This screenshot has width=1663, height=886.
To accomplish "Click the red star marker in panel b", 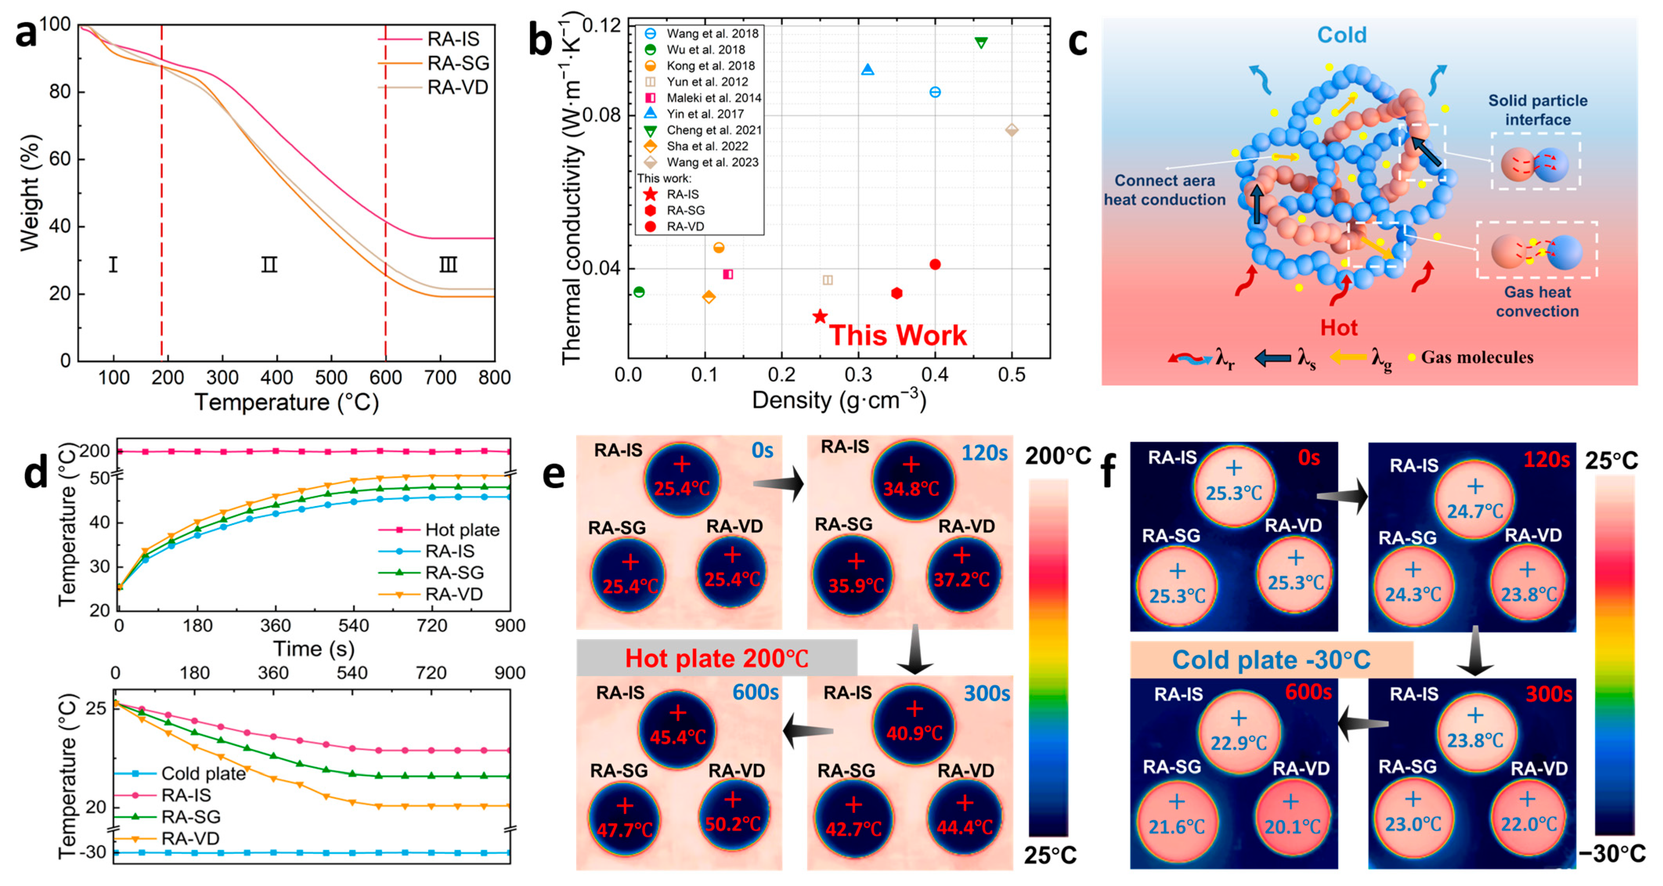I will point(820,316).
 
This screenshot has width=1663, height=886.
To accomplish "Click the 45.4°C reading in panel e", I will point(678,737).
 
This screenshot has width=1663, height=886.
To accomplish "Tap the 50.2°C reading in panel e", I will point(733,824).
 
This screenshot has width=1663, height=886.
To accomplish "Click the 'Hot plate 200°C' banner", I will point(716,659).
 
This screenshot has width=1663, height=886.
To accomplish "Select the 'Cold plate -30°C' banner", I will point(1271,660).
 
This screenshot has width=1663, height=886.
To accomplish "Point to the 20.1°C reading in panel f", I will point(1292,826).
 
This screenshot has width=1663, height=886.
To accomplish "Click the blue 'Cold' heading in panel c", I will point(1342,35).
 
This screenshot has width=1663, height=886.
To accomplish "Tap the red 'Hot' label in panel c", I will point(1339,328).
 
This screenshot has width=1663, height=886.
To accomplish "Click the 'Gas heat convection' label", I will point(1537,302).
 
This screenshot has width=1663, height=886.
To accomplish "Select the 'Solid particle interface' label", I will point(1538,110).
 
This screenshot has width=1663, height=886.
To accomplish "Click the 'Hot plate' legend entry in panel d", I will point(462,530).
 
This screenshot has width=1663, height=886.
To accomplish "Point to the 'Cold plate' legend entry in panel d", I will point(203,774).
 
